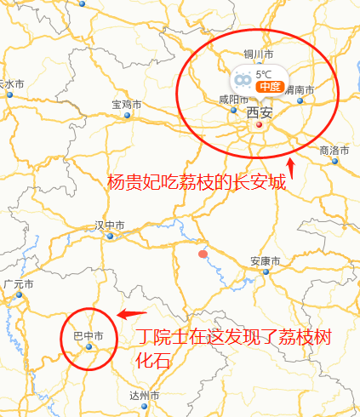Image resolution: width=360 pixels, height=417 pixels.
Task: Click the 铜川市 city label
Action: (257, 54)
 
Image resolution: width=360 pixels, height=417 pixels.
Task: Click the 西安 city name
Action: (260, 112)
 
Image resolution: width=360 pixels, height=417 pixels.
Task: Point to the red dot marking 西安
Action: (259, 125)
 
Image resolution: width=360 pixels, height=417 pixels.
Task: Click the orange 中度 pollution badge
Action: (270, 86)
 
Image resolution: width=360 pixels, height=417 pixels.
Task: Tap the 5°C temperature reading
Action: (264, 74)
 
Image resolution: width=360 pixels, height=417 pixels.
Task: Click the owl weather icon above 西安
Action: (243, 79)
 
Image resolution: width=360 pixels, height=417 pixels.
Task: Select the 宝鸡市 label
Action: (126, 105)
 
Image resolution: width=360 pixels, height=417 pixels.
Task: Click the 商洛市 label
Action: (334, 150)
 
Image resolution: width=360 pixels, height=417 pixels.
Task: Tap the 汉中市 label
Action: (110, 226)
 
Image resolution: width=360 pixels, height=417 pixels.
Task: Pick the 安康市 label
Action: (266, 260)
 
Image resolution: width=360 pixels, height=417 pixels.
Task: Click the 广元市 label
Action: (18, 284)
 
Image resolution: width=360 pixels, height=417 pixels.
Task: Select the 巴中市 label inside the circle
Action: (88, 336)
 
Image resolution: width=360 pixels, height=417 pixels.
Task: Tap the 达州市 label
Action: (144, 396)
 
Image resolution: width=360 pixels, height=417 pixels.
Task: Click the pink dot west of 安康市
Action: (203, 254)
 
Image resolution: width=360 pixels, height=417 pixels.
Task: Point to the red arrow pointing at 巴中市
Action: (131, 314)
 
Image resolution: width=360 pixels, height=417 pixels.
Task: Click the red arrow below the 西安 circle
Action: (292, 170)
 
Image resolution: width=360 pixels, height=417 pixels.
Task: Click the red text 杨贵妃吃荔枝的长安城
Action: (197, 182)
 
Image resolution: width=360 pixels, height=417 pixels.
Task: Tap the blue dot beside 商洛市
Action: (334, 161)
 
